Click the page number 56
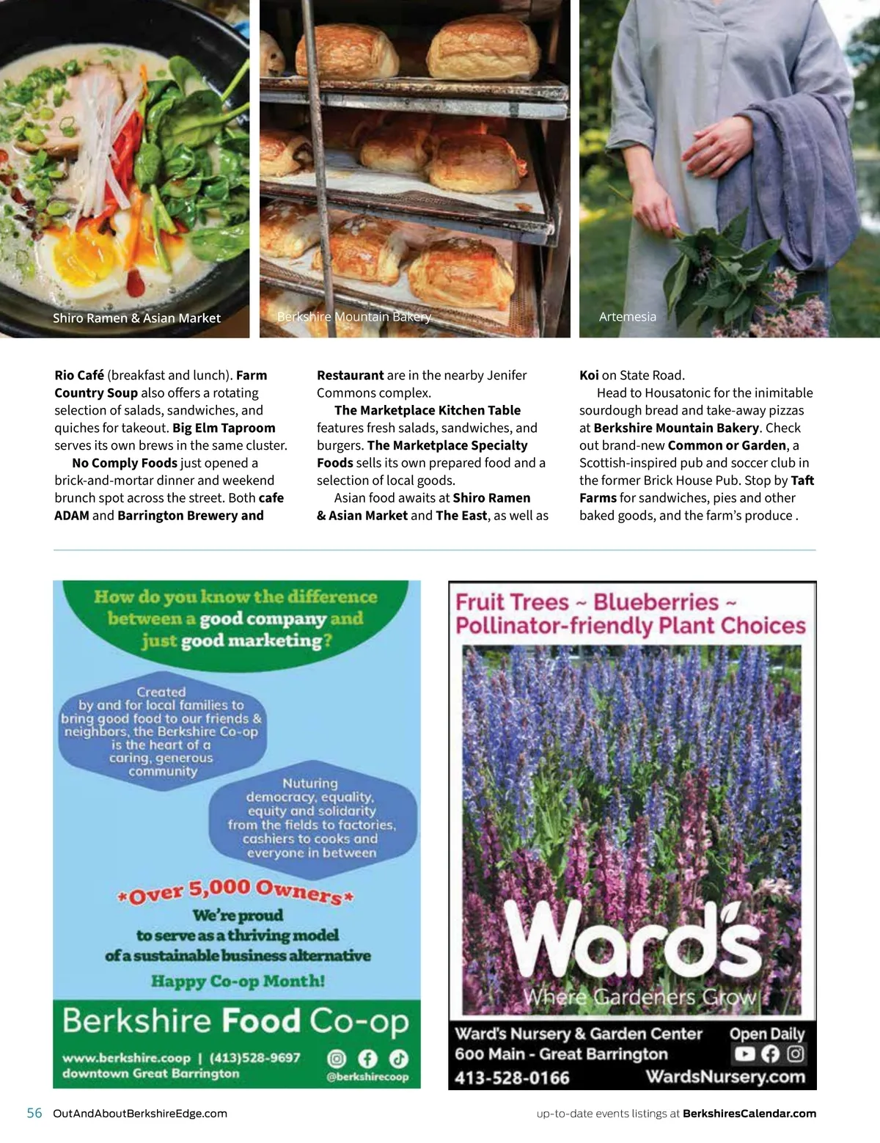(34, 1113)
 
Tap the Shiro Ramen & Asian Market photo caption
(136, 318)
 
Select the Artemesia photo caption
(627, 316)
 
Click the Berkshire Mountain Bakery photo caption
(354, 316)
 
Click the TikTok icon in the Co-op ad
(398, 1058)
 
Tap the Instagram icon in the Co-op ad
(337, 1058)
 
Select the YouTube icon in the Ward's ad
(744, 1054)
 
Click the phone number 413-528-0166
(512, 1078)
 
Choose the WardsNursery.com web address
(725, 1077)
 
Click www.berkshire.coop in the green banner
(126, 1058)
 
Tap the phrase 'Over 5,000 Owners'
(236, 891)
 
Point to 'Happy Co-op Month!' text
(238, 981)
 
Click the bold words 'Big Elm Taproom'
(224, 428)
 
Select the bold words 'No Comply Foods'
(125, 463)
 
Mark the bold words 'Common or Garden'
(727, 445)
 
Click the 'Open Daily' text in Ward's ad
(766, 1034)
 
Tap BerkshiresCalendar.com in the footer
(749, 1113)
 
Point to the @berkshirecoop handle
(367, 1077)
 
